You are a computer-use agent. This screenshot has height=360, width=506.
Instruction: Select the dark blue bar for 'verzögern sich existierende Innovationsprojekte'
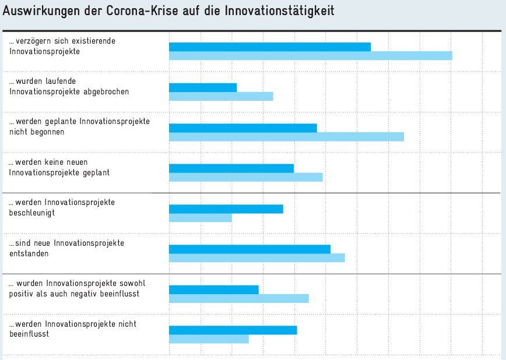pyautogui.click(x=270, y=47)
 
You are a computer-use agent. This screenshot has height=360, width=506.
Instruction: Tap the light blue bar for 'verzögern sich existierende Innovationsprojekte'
pyautogui.click(x=310, y=56)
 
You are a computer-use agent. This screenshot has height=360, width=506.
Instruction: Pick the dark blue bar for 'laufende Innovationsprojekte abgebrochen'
pyautogui.click(x=203, y=87)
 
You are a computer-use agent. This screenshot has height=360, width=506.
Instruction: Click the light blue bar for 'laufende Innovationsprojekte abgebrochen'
pyautogui.click(x=221, y=96)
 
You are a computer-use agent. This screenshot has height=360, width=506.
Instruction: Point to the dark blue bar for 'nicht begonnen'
pyautogui.click(x=243, y=128)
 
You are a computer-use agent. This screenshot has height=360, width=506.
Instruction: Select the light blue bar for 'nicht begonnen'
pyautogui.click(x=286, y=136)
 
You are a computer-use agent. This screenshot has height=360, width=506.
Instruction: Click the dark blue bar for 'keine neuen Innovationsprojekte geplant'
pyautogui.click(x=231, y=168)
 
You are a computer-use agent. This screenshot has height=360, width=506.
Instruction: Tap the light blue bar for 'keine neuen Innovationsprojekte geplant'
pyautogui.click(x=245, y=177)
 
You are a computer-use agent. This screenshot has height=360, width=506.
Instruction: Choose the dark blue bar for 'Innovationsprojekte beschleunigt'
pyautogui.click(x=226, y=209)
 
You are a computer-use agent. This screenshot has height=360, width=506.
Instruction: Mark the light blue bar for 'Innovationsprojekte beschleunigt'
pyautogui.click(x=201, y=217)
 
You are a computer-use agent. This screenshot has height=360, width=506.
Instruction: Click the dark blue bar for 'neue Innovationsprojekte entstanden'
pyautogui.click(x=250, y=249)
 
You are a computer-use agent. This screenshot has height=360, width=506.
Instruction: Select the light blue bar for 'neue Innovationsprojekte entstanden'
pyautogui.click(x=256, y=258)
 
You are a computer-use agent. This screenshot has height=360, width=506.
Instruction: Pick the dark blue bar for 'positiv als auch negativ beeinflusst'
pyautogui.click(x=213, y=290)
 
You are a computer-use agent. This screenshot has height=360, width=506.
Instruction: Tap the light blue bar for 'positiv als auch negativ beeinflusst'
pyautogui.click(x=238, y=298)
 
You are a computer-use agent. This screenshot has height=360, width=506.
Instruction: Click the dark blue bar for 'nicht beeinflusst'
pyautogui.click(x=233, y=330)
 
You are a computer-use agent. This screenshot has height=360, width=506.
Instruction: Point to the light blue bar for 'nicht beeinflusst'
pyautogui.click(x=209, y=339)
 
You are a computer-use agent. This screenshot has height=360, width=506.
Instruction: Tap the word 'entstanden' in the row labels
pyautogui.click(x=29, y=253)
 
